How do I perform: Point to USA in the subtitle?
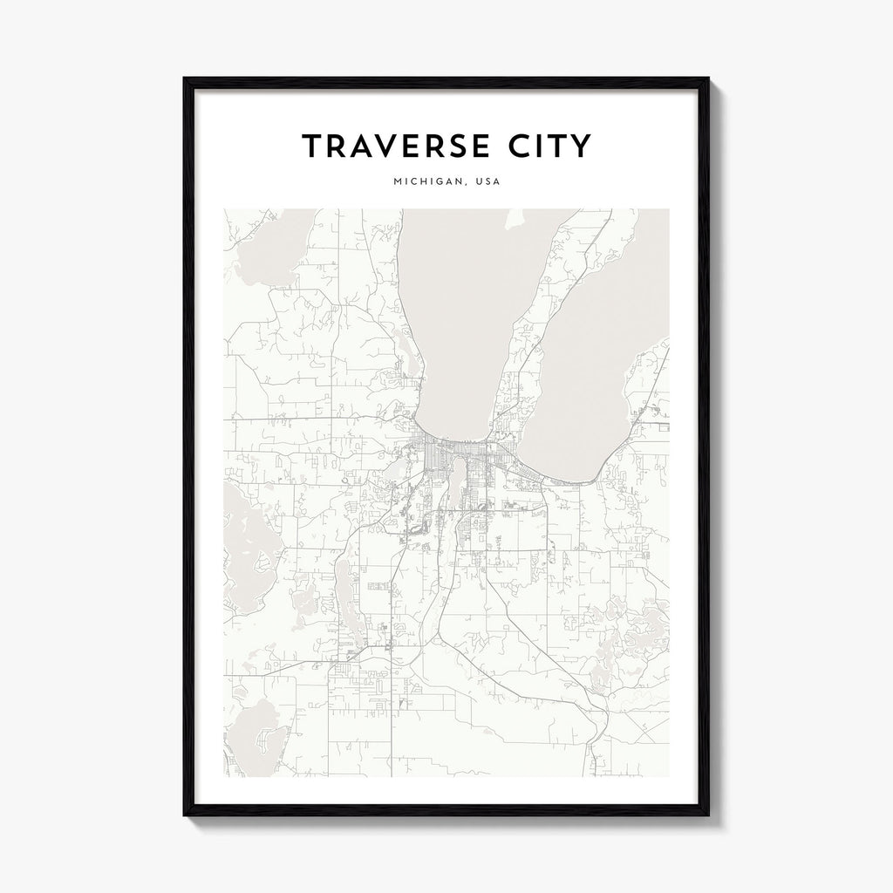pos(487,184)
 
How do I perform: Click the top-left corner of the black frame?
pos(185,79)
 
